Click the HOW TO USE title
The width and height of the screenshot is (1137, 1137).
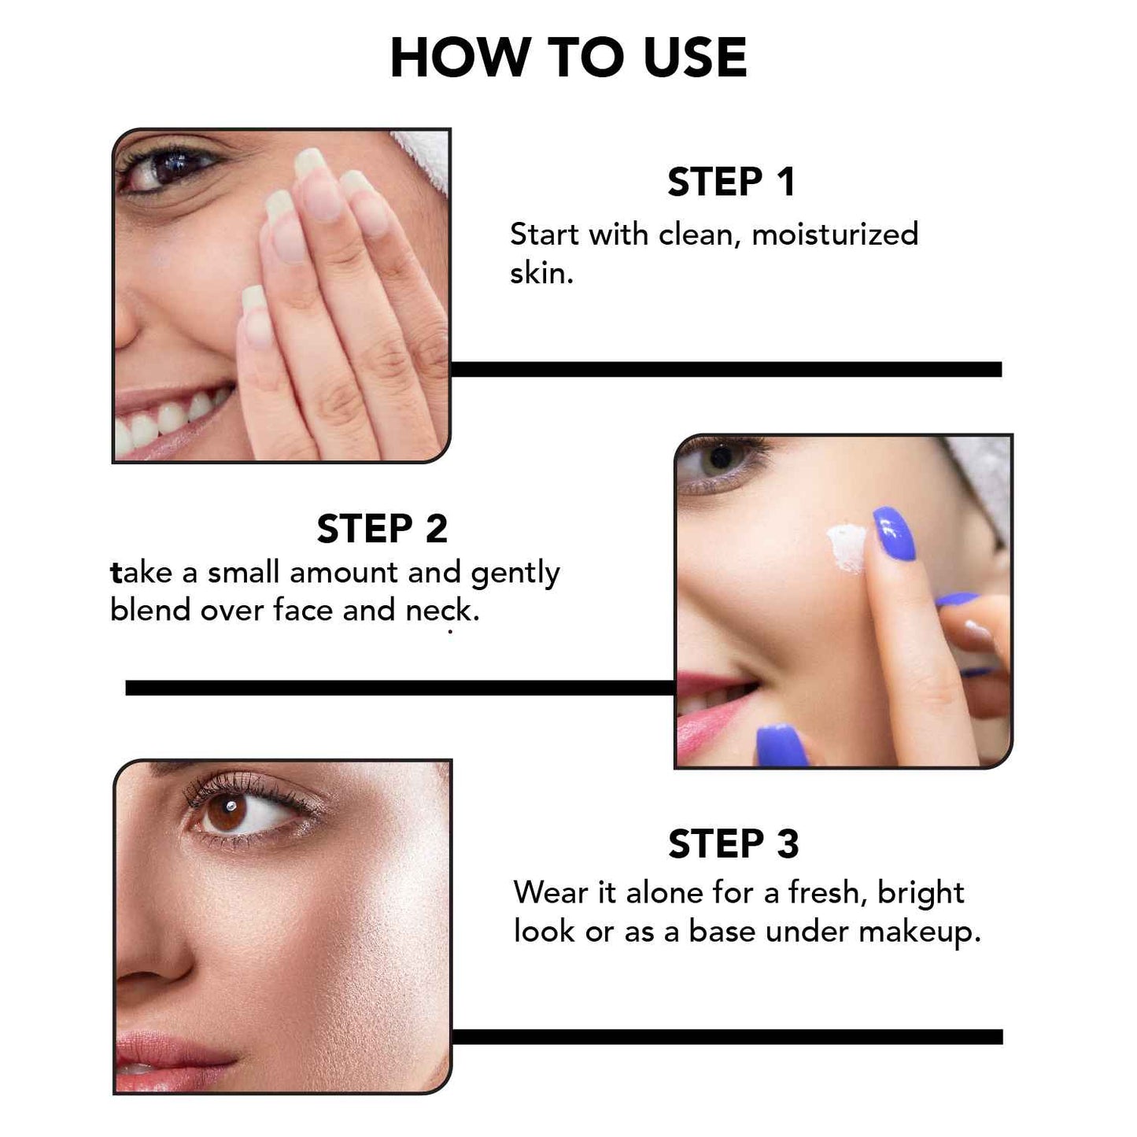coord(567,58)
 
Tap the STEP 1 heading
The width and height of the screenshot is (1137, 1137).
coord(731,183)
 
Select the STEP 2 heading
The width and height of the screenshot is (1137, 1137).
coord(382,529)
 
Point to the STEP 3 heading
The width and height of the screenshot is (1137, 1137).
coord(733,844)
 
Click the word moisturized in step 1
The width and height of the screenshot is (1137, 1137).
coord(835,234)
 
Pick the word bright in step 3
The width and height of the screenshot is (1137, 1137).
coord(921,893)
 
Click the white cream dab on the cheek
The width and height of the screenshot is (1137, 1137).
coord(845,546)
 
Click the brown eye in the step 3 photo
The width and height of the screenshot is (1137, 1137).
coord(228,814)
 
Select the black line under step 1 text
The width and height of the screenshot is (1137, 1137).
coord(725,370)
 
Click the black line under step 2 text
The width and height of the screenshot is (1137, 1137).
coord(400,688)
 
